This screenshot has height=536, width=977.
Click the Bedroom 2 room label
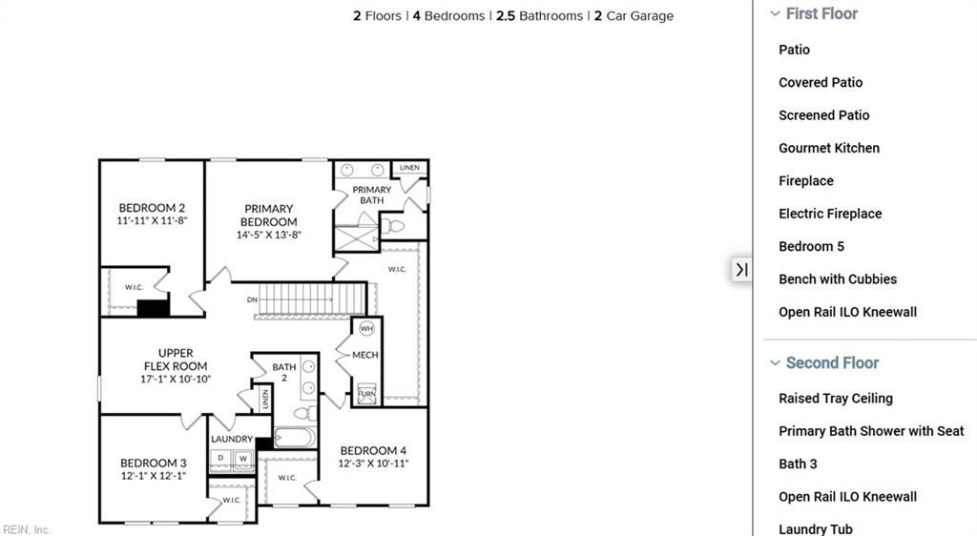pyautogui.click(x=152, y=208)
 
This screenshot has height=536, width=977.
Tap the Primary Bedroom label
pyautogui.click(x=269, y=215)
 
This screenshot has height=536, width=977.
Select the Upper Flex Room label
pyautogui.click(x=176, y=360)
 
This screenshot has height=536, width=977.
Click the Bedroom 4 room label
pyautogui.click(x=373, y=451)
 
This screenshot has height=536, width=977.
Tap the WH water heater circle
pyautogui.click(x=366, y=329)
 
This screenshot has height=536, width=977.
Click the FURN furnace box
pyautogui.click(x=366, y=393)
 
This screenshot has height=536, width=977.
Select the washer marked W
pyautogui.click(x=242, y=459)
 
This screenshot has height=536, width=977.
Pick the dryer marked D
pyautogui.click(x=221, y=459)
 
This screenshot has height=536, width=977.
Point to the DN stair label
pyautogui.click(x=252, y=299)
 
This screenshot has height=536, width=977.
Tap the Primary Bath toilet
pyautogui.click(x=393, y=226)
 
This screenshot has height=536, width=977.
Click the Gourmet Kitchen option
pyautogui.click(x=829, y=148)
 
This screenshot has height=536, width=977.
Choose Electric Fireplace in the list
pyautogui.click(x=830, y=214)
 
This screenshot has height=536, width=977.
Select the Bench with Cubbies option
pyautogui.click(x=838, y=279)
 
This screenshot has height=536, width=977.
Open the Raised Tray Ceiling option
pyautogui.click(x=836, y=399)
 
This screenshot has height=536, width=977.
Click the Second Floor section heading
pyautogui.click(x=832, y=363)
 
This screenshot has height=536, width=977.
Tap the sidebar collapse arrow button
pyautogui.click(x=741, y=270)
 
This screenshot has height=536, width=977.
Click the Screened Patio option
pyautogui.click(x=824, y=115)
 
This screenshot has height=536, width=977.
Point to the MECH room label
pyautogui.click(x=365, y=355)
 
